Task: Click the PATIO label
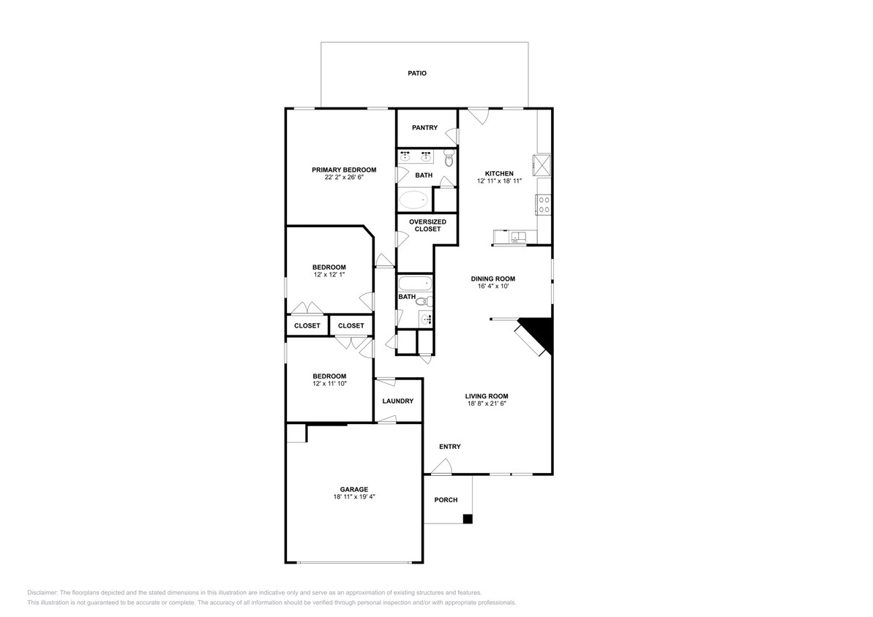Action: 417,73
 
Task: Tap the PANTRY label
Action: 424,128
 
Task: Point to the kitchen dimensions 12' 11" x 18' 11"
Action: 499,181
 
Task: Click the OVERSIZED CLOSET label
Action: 424,225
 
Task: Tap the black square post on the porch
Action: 468,519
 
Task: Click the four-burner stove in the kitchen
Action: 544,204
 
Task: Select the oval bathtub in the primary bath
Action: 414,200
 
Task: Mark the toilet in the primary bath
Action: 449,159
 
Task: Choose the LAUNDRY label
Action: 398,401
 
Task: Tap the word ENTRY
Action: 449,447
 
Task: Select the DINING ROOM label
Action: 492,279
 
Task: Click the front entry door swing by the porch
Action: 441,466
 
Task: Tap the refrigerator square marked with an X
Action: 542,164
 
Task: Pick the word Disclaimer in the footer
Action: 42,593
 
